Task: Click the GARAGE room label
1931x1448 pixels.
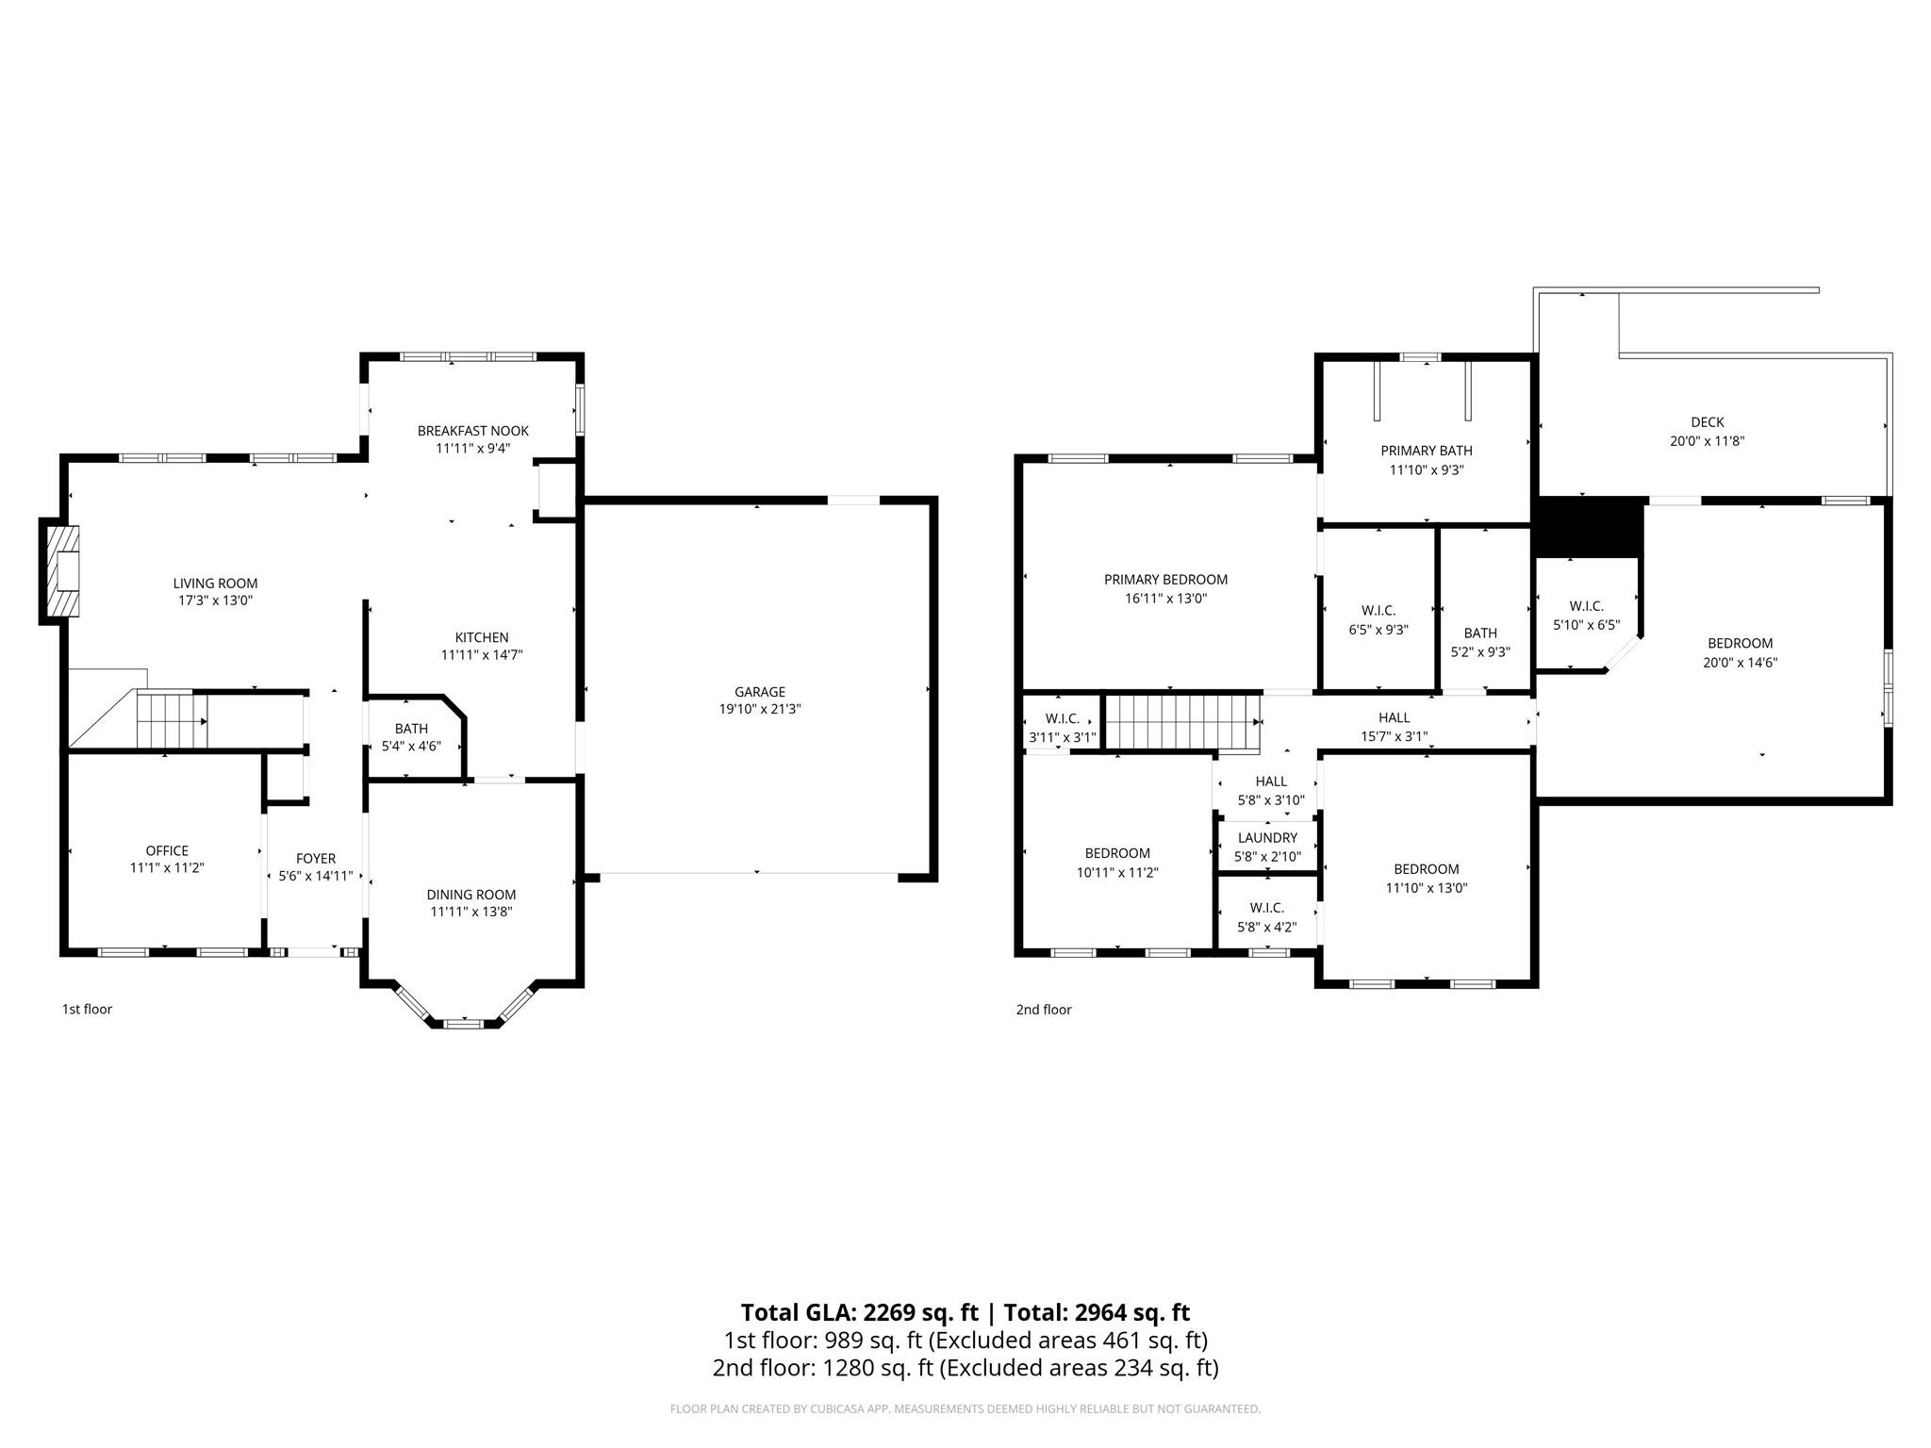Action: (759, 692)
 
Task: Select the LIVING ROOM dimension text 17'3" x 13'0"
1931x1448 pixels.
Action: (215, 601)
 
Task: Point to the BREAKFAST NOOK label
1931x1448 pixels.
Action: (472, 431)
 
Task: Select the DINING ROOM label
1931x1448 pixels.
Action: (470, 895)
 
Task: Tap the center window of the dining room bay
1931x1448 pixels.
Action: (462, 1023)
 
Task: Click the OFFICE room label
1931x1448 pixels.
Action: (167, 850)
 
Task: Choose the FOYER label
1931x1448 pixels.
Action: (315, 859)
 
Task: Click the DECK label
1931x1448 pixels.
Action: (1707, 422)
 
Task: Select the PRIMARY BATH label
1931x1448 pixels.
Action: (1426, 451)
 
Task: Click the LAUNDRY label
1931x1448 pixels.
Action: (1267, 837)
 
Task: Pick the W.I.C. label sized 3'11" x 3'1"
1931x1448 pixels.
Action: (1062, 737)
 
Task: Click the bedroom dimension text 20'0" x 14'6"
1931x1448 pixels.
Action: (1740, 663)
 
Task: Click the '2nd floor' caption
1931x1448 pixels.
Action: (1043, 1010)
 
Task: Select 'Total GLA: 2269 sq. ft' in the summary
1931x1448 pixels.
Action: (859, 1312)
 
